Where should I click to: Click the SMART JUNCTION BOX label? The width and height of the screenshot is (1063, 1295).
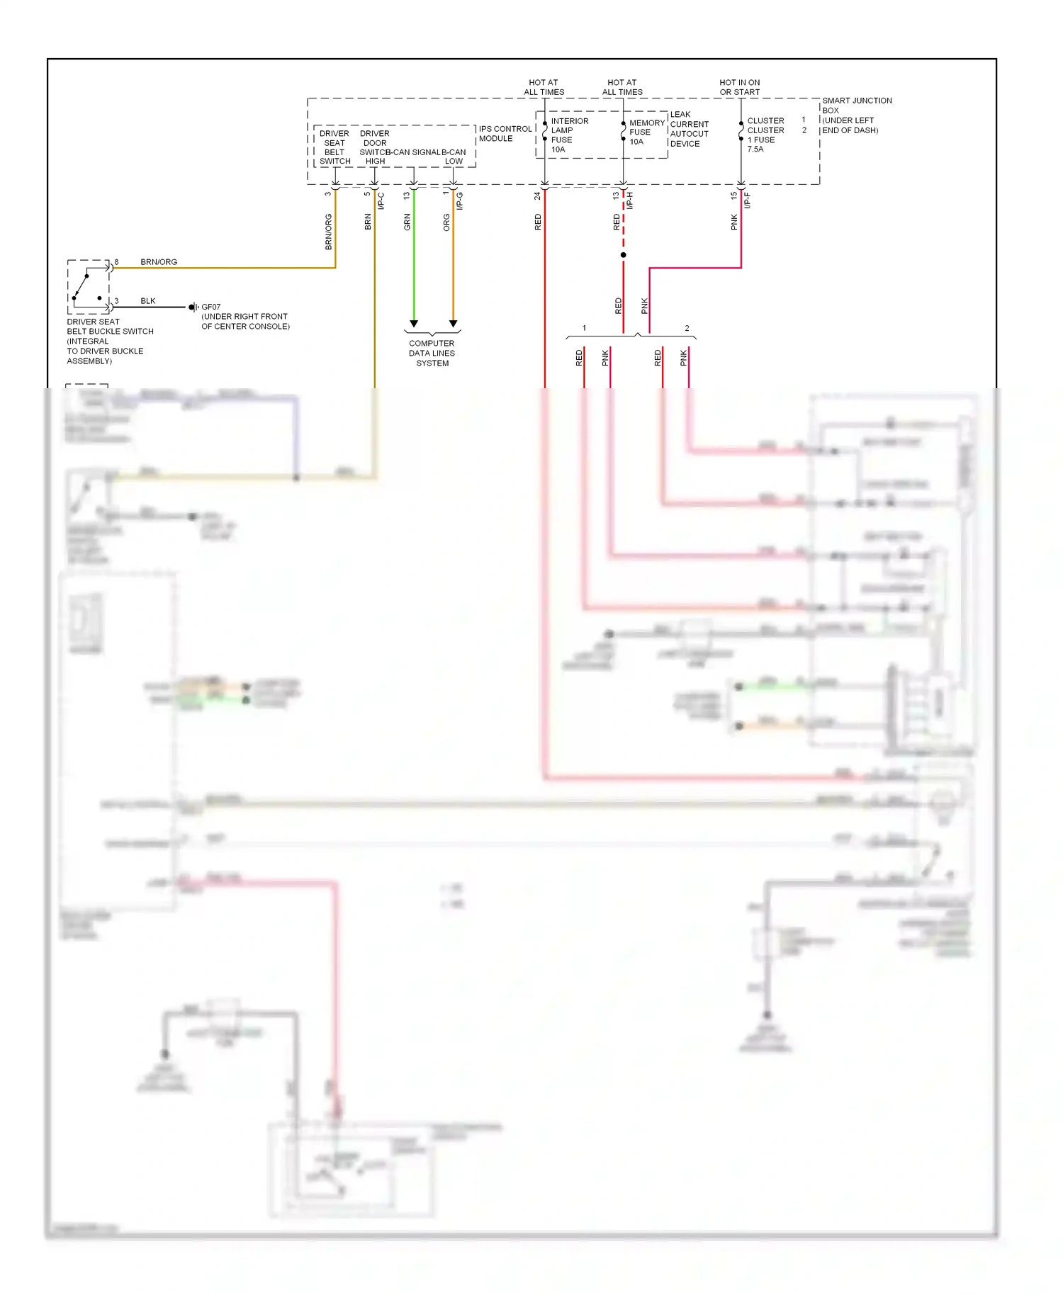click(856, 106)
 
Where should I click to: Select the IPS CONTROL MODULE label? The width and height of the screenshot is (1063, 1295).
click(505, 134)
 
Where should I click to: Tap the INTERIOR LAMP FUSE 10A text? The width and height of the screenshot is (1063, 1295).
click(569, 135)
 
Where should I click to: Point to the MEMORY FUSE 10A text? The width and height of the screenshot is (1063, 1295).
click(646, 132)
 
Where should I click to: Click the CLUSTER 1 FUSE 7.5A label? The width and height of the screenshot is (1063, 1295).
click(765, 135)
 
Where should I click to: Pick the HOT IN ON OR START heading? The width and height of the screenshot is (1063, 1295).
click(739, 87)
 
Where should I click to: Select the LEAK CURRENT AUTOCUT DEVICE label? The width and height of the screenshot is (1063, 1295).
click(689, 129)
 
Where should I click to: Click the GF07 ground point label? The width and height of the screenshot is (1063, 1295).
click(210, 307)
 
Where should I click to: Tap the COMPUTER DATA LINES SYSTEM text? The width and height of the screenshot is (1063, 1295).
click(432, 353)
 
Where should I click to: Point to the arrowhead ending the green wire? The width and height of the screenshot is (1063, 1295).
click(414, 324)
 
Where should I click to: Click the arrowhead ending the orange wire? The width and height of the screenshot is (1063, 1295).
click(453, 324)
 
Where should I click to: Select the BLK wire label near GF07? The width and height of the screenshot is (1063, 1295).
click(147, 301)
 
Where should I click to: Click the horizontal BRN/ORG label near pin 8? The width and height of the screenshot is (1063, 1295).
click(159, 262)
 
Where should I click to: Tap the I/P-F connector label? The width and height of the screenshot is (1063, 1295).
click(747, 200)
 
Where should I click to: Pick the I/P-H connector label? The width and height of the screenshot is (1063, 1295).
click(629, 200)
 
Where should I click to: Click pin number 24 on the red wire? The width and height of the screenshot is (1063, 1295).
click(537, 196)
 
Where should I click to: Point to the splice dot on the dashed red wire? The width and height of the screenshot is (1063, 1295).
click(623, 254)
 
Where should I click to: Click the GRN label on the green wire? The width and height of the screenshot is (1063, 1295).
click(407, 222)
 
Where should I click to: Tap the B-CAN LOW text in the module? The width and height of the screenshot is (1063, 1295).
click(454, 157)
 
